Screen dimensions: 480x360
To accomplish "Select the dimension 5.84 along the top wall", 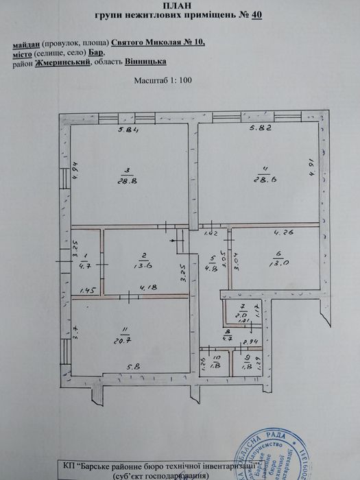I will tap(128, 131).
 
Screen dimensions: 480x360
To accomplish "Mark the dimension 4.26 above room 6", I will tap(283, 232).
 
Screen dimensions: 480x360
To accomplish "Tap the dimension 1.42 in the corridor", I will tap(210, 235).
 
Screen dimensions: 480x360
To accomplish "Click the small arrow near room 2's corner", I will tap(173, 241).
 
